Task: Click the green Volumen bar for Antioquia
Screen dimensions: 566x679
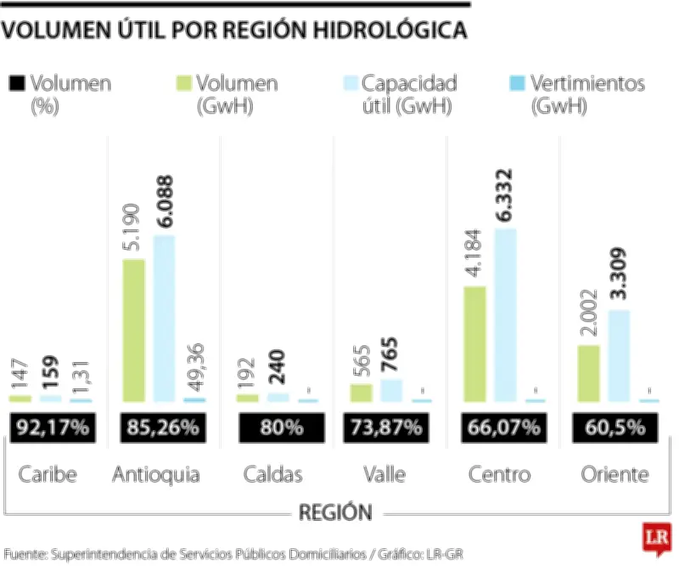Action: tap(134, 330)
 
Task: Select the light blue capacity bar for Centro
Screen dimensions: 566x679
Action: tap(506, 314)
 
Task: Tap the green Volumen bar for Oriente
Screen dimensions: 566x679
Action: tap(588, 373)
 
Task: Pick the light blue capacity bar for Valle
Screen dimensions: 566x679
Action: tap(391, 390)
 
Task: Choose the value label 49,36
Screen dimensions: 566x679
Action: tap(195, 366)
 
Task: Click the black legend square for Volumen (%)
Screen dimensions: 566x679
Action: tap(16, 84)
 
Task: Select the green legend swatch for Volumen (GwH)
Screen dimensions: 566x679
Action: tap(183, 84)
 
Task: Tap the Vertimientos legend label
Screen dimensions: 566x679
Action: tap(587, 84)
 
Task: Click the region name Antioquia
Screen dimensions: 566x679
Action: tap(157, 474)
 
